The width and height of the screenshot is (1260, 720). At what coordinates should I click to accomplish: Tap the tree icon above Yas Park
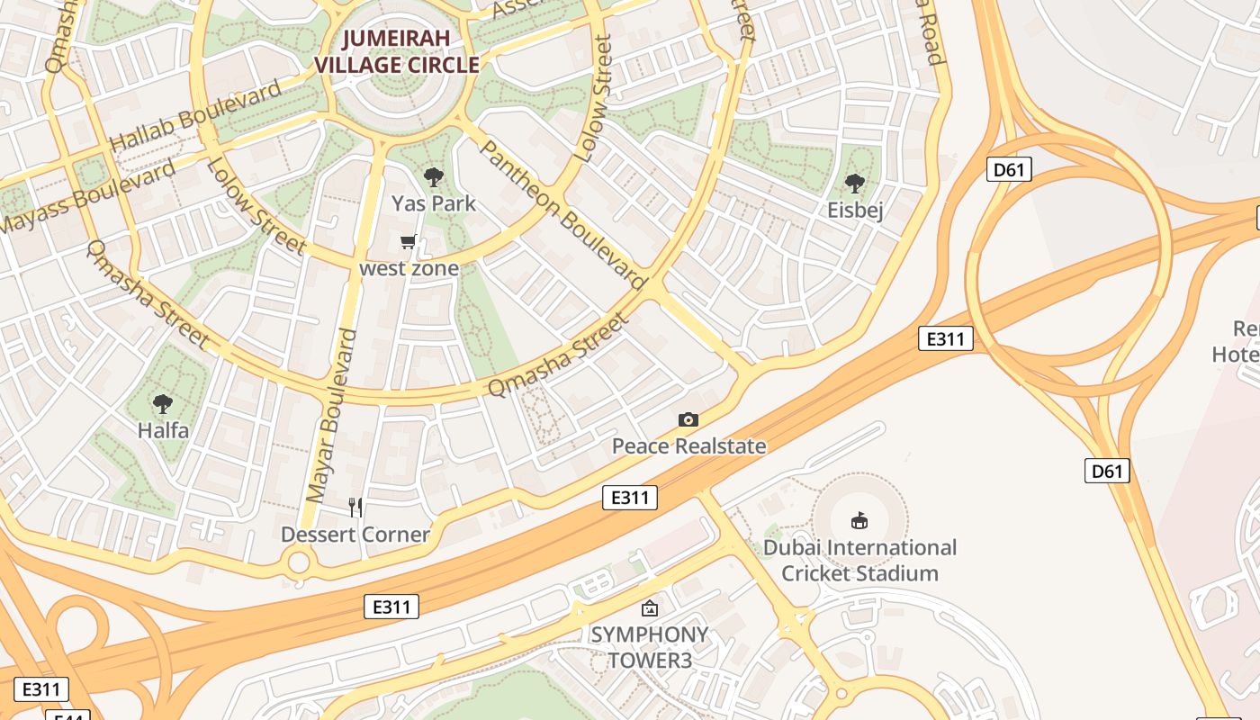(x=434, y=177)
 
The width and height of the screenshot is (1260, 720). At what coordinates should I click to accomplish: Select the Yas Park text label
(x=434, y=203)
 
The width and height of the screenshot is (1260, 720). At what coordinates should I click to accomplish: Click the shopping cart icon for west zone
(x=409, y=241)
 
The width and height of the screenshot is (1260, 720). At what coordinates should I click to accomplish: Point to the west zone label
(x=409, y=268)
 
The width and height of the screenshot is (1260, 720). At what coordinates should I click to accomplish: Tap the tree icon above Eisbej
(x=855, y=184)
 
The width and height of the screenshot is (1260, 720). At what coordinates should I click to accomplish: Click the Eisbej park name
(x=855, y=211)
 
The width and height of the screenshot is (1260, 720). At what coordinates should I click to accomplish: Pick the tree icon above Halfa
(x=163, y=404)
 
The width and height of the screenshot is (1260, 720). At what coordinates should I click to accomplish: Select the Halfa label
(x=163, y=430)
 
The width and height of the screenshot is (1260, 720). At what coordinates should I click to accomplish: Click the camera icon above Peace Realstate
(x=688, y=419)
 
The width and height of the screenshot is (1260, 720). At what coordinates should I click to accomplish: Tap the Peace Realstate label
(x=688, y=445)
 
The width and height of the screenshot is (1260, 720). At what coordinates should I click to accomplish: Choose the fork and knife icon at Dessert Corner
(x=355, y=508)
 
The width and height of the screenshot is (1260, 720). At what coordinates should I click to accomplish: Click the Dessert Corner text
(x=355, y=535)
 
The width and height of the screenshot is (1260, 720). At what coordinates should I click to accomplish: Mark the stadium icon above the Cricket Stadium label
(x=859, y=520)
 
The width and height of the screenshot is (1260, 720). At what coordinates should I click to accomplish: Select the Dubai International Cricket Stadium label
(x=859, y=560)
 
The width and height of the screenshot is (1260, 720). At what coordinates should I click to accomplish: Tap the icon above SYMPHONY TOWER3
(x=649, y=608)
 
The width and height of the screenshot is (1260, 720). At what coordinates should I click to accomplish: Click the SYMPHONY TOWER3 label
(x=649, y=647)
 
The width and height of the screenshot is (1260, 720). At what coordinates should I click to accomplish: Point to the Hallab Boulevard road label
(x=195, y=116)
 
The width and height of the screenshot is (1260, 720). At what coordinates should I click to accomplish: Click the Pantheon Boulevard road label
(x=565, y=215)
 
